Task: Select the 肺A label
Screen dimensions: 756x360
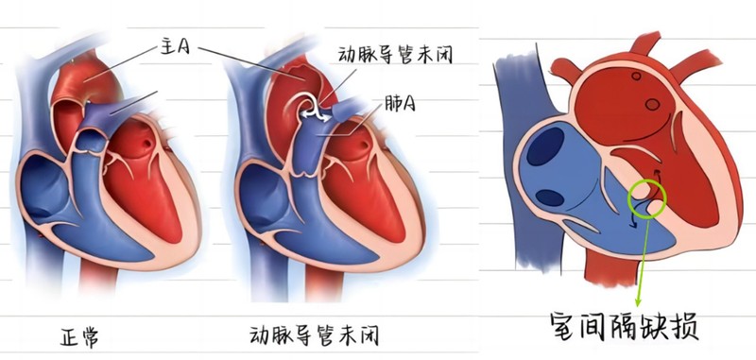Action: point(400,103)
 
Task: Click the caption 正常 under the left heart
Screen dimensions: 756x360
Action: point(79,337)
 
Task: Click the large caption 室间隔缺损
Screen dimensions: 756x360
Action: point(625,327)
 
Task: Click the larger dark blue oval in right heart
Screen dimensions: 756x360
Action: point(545,147)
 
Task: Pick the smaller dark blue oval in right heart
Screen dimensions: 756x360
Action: point(550,198)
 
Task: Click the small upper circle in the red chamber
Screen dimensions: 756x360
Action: point(636,77)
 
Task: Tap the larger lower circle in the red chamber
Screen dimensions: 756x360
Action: point(652,105)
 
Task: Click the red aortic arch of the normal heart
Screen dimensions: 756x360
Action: point(82,82)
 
